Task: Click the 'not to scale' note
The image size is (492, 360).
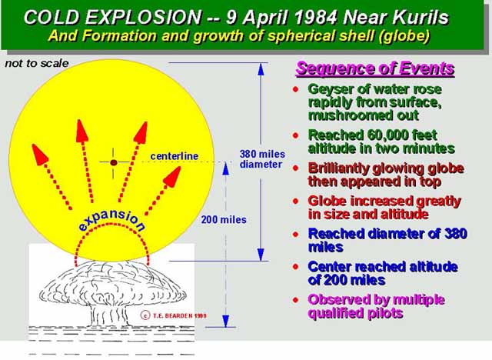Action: [37, 63]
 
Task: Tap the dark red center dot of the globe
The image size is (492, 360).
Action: [114, 162]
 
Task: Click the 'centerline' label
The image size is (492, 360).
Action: [175, 156]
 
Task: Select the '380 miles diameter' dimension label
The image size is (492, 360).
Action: [262, 159]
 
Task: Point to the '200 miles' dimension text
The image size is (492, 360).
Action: [224, 220]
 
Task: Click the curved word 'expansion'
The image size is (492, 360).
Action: [112, 218]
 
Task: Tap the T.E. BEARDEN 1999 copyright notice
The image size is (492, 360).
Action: [175, 315]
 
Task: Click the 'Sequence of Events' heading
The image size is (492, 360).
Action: [375, 68]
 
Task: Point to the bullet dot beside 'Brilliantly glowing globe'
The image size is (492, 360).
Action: [295, 168]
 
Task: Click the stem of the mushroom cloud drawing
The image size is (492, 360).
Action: [108, 315]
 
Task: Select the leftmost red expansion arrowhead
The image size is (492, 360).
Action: [39, 154]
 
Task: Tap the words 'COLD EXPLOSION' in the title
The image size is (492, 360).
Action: [112, 17]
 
